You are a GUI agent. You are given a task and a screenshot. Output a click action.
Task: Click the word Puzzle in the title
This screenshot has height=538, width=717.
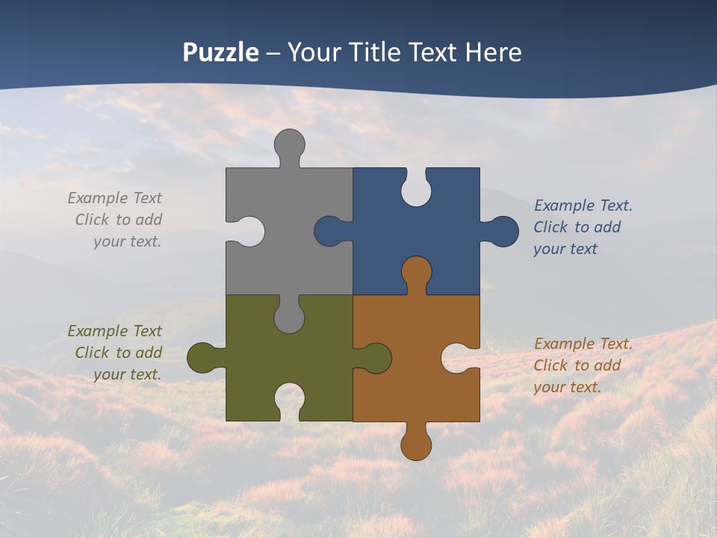pos(221,52)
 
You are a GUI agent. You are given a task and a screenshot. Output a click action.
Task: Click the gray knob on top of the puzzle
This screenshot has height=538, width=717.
pos(289,143)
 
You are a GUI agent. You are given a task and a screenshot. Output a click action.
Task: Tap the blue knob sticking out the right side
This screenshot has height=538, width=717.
pos(503,232)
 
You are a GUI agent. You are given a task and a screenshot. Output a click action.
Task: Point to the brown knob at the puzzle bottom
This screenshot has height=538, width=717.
pos(416,445)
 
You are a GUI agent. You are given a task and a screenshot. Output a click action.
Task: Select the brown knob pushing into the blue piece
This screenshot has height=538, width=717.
pos(416,272)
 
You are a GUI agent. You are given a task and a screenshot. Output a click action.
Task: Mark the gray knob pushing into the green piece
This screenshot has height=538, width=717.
pos(289,318)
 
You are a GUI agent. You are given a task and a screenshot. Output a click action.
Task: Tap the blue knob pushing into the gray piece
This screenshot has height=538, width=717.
pos(329,232)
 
